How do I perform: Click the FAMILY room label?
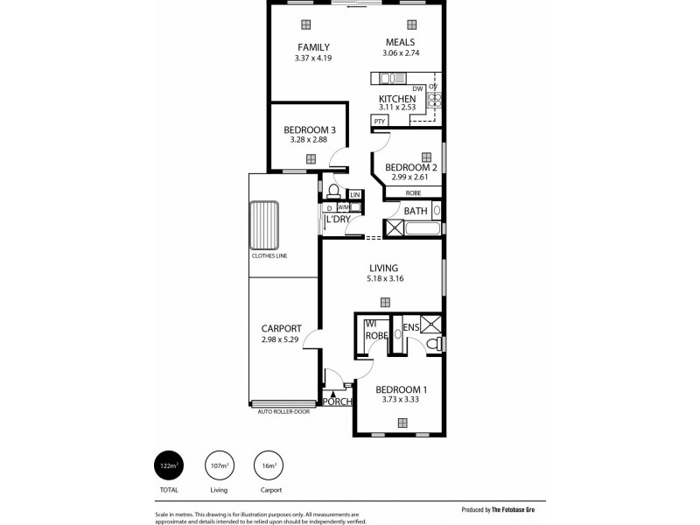pos(313,46)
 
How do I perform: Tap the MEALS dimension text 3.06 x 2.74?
pos(398,54)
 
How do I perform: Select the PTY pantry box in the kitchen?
pos(380,121)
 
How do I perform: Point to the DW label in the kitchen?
pos(417,88)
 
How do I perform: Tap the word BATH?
pos(415,211)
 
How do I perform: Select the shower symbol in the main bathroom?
pos(393,229)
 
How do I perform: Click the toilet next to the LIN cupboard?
pos(333,190)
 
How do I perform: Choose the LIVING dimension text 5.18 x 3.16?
pos(384,279)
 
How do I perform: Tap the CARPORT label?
pos(281,329)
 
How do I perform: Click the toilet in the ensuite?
pos(431,347)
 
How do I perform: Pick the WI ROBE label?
pos(376,330)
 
